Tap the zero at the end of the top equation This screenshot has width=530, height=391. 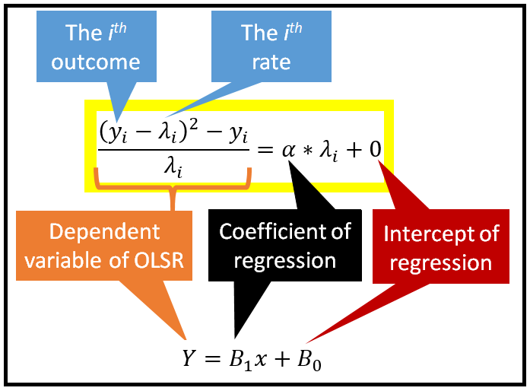coord(376,148)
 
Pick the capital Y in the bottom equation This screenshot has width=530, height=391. coord(189,357)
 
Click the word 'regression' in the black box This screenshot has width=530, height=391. coord(285,260)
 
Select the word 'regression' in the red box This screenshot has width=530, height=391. coord(437,262)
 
